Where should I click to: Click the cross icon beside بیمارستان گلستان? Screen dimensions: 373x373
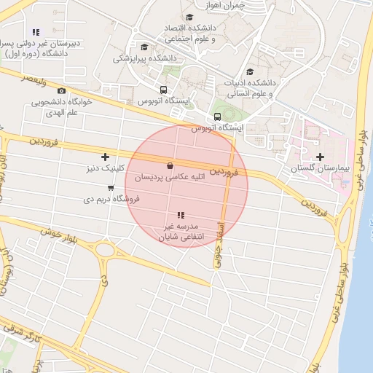[321, 157]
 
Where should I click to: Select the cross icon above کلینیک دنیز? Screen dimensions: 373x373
[106, 157]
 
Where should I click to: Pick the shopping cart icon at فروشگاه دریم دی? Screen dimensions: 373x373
[110, 188]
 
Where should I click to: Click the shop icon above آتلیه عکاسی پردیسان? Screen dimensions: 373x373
[170, 166]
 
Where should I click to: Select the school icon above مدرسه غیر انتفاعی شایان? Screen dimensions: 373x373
[181, 216]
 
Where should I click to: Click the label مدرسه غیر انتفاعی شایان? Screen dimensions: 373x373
[181, 232]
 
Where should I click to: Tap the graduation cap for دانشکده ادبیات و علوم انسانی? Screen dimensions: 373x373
[251, 71]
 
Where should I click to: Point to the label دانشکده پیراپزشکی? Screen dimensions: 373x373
[146, 58]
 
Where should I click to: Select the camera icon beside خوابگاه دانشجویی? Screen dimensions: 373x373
[61, 91]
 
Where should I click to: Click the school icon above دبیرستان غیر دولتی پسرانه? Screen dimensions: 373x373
[36, 32]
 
